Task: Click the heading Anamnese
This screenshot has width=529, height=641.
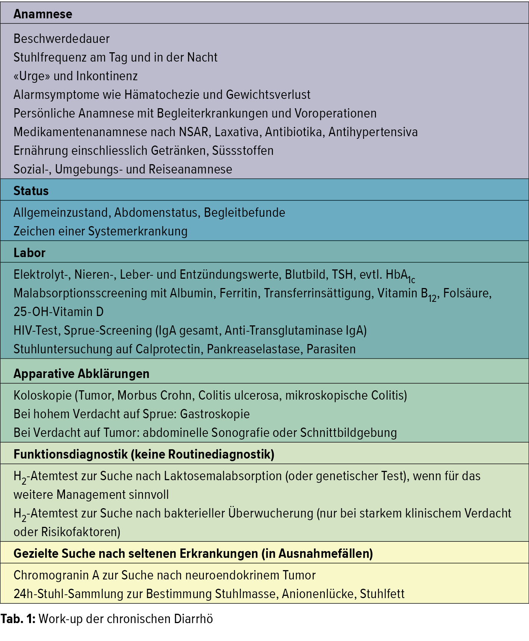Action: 43,14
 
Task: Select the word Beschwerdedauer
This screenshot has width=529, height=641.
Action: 62,39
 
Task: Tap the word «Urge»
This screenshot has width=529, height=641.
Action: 32,76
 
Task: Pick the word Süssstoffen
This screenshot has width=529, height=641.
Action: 243,151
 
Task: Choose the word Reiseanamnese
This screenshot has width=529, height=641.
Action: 190,169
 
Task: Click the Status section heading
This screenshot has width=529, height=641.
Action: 31,191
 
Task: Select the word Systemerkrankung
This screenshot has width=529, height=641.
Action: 138,231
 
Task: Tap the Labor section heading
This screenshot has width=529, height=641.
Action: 29,253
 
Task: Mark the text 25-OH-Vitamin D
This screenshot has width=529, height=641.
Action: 59,312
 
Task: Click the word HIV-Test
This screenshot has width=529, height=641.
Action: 36,331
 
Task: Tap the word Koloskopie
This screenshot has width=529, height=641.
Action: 43,395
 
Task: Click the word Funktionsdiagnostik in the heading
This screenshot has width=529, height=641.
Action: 71,454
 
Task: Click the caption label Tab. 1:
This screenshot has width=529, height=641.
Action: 18,619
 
